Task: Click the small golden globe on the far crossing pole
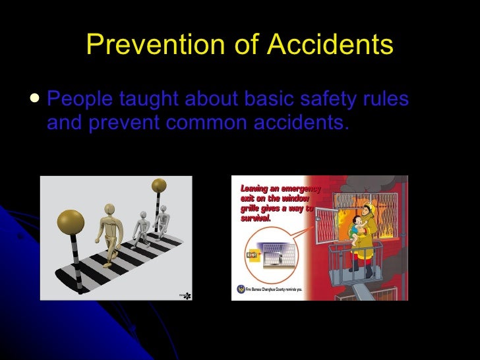tap(160, 185)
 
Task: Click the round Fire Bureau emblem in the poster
tap(239, 288)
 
